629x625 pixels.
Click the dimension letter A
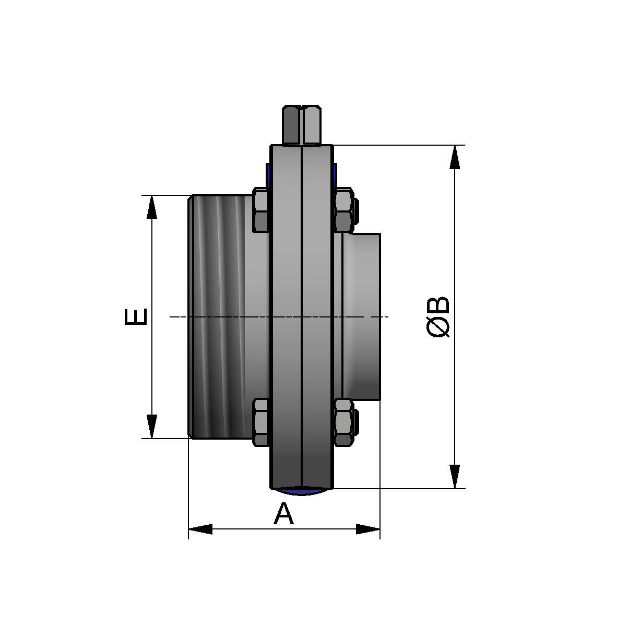click(283, 514)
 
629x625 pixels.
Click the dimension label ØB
click(438, 317)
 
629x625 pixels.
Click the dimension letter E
click(136, 317)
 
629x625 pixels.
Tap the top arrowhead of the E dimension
click(151, 207)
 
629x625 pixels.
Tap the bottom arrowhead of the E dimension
click(151, 426)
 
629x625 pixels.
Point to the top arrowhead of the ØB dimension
click(455, 157)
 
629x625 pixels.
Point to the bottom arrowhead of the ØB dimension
click(455, 476)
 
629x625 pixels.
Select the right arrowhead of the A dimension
click(368, 529)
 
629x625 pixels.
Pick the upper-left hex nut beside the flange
click(261, 210)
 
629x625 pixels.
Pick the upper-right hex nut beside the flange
click(343, 210)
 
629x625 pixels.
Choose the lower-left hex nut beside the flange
click(261, 422)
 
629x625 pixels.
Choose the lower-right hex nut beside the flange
click(343, 422)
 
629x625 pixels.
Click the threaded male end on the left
click(217, 317)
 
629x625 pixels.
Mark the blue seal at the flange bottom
click(302, 491)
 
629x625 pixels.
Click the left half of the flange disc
click(286, 317)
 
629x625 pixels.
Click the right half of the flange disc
click(317, 317)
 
